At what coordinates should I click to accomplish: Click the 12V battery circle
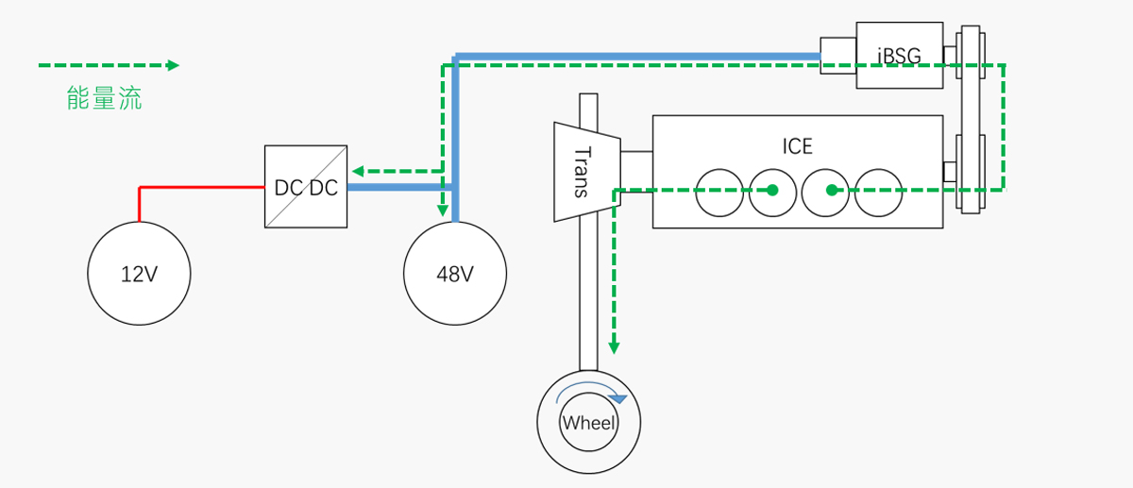pos(139,274)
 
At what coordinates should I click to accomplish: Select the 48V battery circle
pos(455,274)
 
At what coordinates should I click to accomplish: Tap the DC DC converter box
pos(306,187)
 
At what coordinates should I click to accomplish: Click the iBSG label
pos(899,56)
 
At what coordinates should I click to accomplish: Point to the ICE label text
pos(797,146)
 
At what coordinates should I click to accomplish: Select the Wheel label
pos(589,423)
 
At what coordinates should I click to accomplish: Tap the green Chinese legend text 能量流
pos(104,98)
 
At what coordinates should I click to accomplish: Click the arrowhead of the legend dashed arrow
pos(173,65)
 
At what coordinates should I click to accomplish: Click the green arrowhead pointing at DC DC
pos(358,171)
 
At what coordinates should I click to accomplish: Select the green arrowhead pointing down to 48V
pos(442,210)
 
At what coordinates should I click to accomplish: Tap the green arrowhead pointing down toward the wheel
pos(614,347)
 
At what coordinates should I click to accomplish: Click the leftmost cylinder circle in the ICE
pos(719,192)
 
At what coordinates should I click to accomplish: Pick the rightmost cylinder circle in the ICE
pos(879,192)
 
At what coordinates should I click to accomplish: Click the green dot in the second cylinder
pos(772,191)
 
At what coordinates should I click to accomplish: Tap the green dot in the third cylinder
pos(832,191)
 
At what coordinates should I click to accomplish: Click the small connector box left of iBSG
pos(837,55)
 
